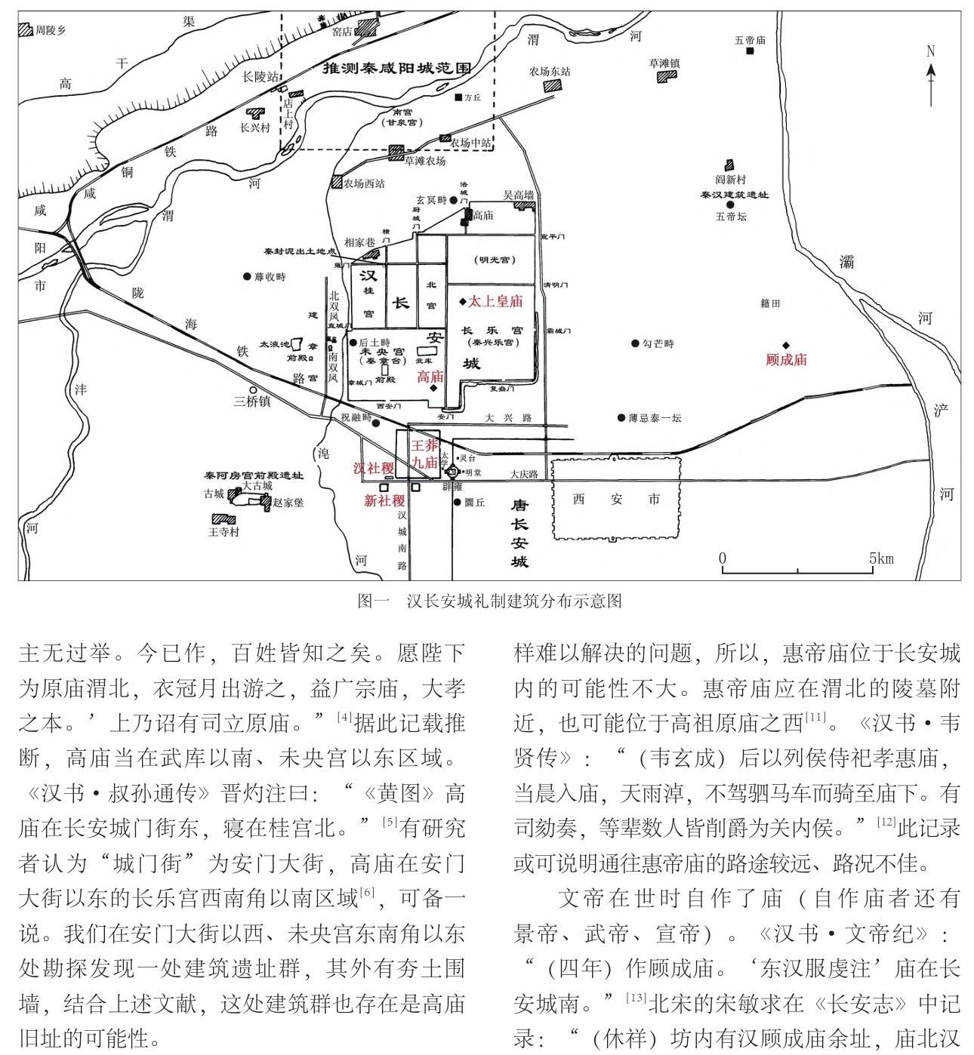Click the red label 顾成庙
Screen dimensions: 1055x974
(x=786, y=360)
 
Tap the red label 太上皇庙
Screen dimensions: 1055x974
(x=495, y=301)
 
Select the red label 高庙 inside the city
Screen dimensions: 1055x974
(x=430, y=377)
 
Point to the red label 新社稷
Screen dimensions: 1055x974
(x=384, y=500)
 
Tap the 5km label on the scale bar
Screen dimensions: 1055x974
(x=880, y=559)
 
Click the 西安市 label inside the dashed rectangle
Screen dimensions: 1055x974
(x=616, y=499)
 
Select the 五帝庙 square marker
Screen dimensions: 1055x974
(x=750, y=51)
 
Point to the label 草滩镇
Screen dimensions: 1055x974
(x=664, y=63)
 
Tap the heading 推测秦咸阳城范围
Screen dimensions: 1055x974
(x=397, y=68)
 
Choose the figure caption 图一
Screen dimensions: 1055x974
(x=373, y=601)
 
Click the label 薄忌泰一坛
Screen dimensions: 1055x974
(x=655, y=417)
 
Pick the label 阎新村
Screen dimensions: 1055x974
(x=730, y=180)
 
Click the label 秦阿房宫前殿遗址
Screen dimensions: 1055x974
(x=254, y=475)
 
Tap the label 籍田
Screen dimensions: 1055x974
(x=770, y=303)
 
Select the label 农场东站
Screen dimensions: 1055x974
(x=550, y=72)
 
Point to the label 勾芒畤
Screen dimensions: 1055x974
(x=658, y=343)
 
